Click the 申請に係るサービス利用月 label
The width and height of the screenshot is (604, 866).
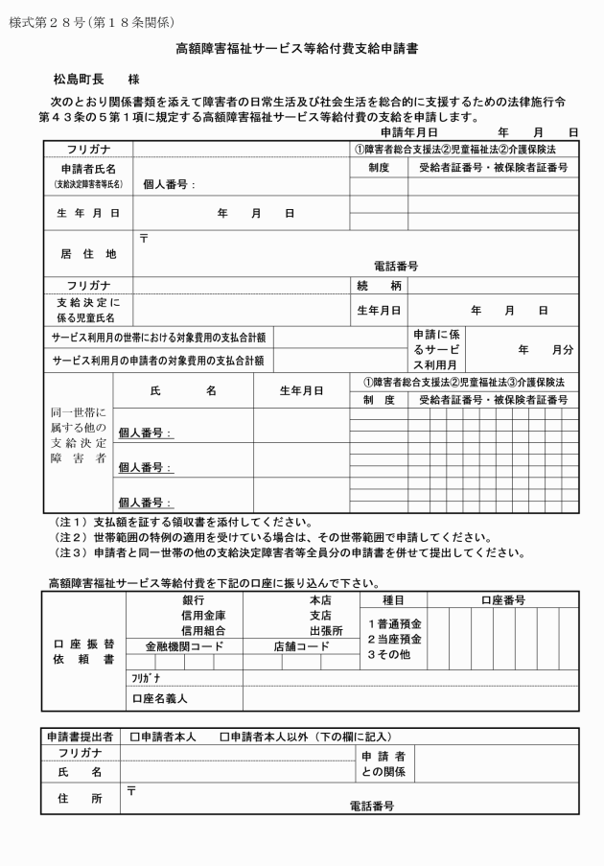pyautogui.click(x=436, y=350)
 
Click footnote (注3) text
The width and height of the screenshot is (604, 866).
pyautogui.click(x=288, y=551)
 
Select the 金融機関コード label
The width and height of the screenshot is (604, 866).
pyautogui.click(x=183, y=646)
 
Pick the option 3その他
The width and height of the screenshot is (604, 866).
pyautogui.click(x=389, y=654)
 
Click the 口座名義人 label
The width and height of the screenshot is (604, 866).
pyautogui.click(x=160, y=698)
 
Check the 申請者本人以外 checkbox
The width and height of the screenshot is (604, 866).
pyautogui.click(x=223, y=737)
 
